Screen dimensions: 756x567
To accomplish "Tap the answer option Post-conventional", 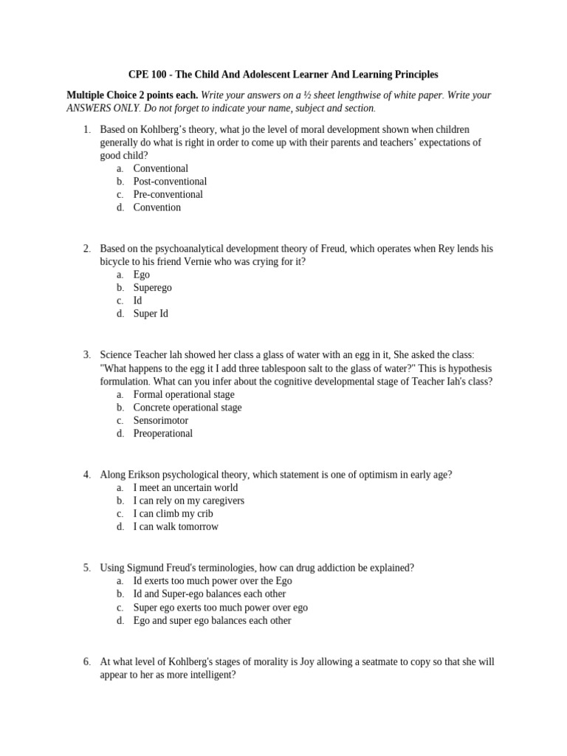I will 170,182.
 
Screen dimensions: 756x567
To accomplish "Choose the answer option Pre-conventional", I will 168,195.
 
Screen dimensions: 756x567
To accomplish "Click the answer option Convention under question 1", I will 157,207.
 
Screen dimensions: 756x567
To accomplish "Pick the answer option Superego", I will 153,288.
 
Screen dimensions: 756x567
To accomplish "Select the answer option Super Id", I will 151,314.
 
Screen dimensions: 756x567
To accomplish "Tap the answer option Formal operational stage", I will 183,394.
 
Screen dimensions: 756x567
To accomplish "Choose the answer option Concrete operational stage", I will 187,408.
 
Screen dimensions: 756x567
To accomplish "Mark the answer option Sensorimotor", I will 160,421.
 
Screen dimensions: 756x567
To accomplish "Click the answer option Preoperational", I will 162,433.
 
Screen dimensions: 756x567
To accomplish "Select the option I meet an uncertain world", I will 185,488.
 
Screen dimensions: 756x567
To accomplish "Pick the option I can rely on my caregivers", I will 188,501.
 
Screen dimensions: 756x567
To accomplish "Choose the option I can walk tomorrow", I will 176,527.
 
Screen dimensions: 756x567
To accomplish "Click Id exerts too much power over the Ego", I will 212,581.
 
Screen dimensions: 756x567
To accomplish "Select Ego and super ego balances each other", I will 212,621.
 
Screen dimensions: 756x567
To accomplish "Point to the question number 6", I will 86,661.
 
